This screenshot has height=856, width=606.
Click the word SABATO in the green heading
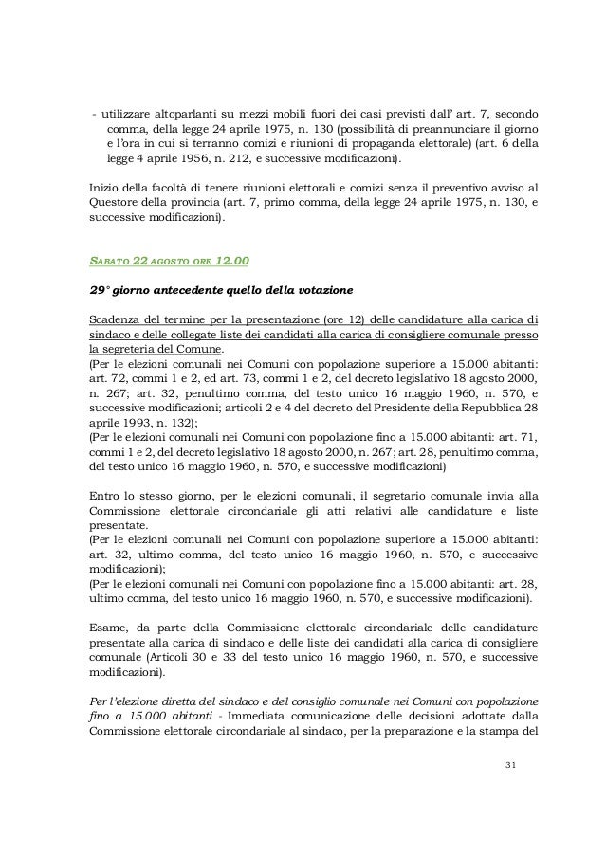click(x=107, y=261)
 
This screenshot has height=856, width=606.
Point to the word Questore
click(x=113, y=202)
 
